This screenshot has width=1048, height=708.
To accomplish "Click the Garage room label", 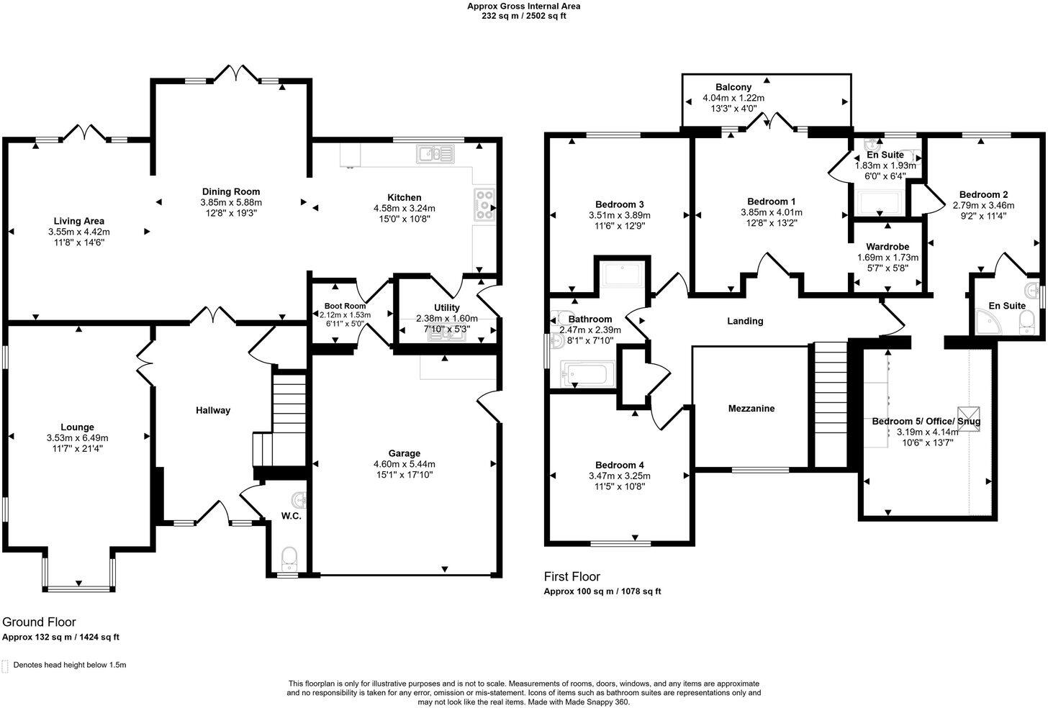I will (404, 453).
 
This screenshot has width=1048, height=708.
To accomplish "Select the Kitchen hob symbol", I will (484, 204).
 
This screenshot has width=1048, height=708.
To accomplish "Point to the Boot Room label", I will (345, 306).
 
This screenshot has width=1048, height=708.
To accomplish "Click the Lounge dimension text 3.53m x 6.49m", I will (77, 437).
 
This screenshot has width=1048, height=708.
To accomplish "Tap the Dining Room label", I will (230, 191).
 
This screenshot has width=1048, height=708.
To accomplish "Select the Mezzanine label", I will (751, 409).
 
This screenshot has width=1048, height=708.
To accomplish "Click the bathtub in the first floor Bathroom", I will (588, 374).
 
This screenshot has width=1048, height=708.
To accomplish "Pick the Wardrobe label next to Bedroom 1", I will (887, 247).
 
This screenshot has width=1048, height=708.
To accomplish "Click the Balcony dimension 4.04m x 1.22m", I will (733, 99).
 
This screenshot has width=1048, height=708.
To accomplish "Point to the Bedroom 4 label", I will (620, 465).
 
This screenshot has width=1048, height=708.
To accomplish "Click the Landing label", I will (745, 321).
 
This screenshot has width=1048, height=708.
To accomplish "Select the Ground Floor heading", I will (39, 622).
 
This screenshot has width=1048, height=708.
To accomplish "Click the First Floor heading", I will (572, 576).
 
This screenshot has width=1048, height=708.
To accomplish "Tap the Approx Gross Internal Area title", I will (523, 6).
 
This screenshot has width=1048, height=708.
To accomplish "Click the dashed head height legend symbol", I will (6, 666).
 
